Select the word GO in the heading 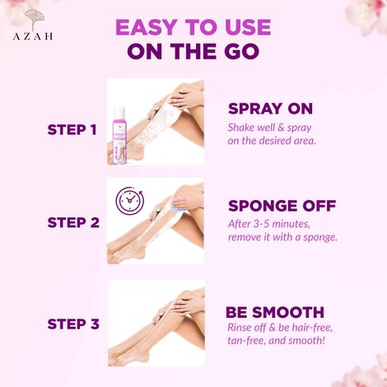pos(234,53)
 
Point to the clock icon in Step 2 pos(130,202)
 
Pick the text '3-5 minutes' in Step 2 pos(274,223)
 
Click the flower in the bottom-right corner pos(371,366)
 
